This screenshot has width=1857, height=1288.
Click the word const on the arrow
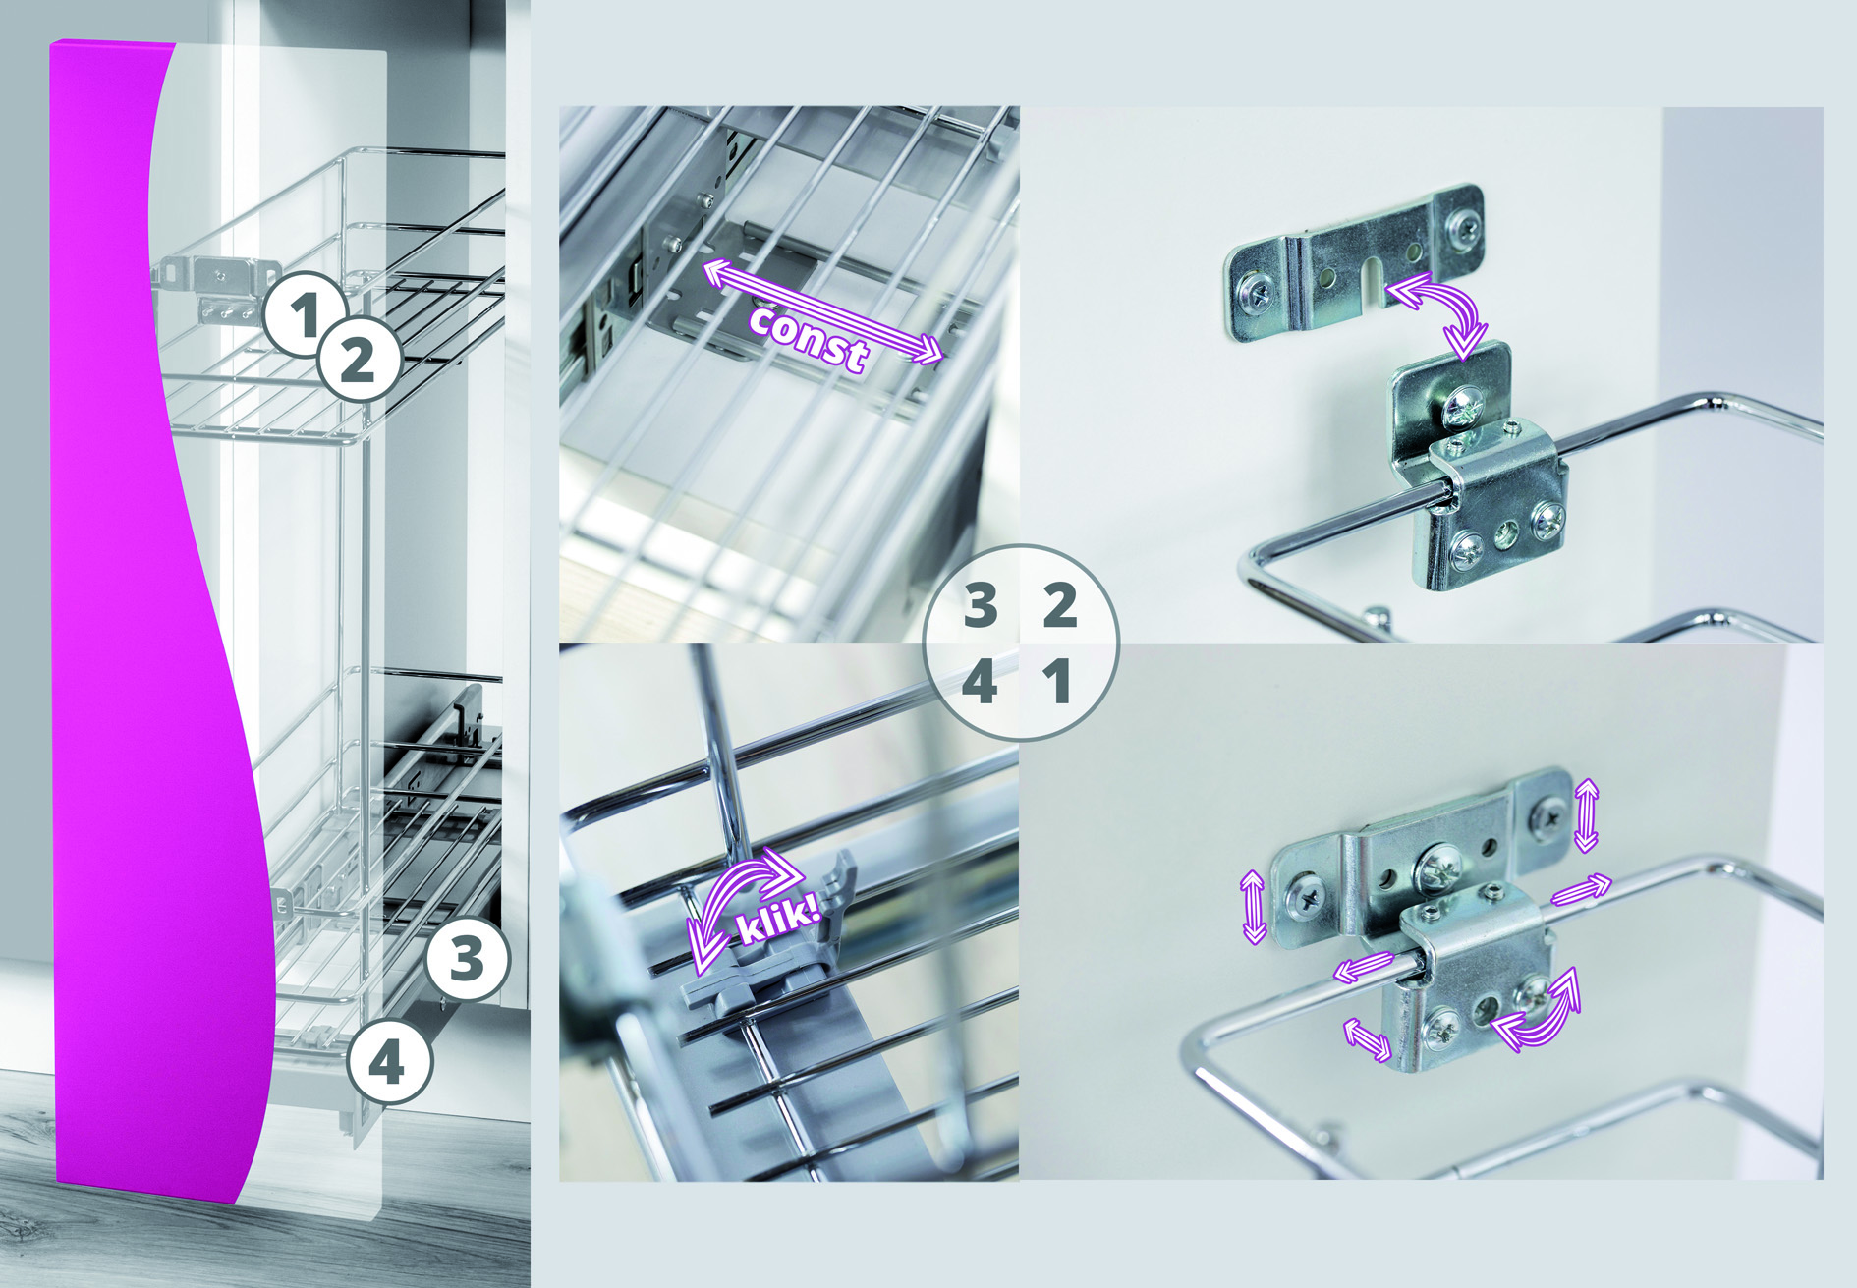click(808, 337)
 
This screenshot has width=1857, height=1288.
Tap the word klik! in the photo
click(777, 917)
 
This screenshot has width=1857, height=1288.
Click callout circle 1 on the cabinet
click(306, 313)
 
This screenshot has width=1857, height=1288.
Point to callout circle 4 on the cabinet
click(388, 1061)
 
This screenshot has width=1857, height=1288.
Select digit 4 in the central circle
click(980, 681)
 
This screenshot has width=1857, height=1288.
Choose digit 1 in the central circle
click(1058, 681)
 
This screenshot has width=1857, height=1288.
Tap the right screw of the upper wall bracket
click(1465, 228)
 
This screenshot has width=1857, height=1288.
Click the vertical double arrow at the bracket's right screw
click(1586, 813)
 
